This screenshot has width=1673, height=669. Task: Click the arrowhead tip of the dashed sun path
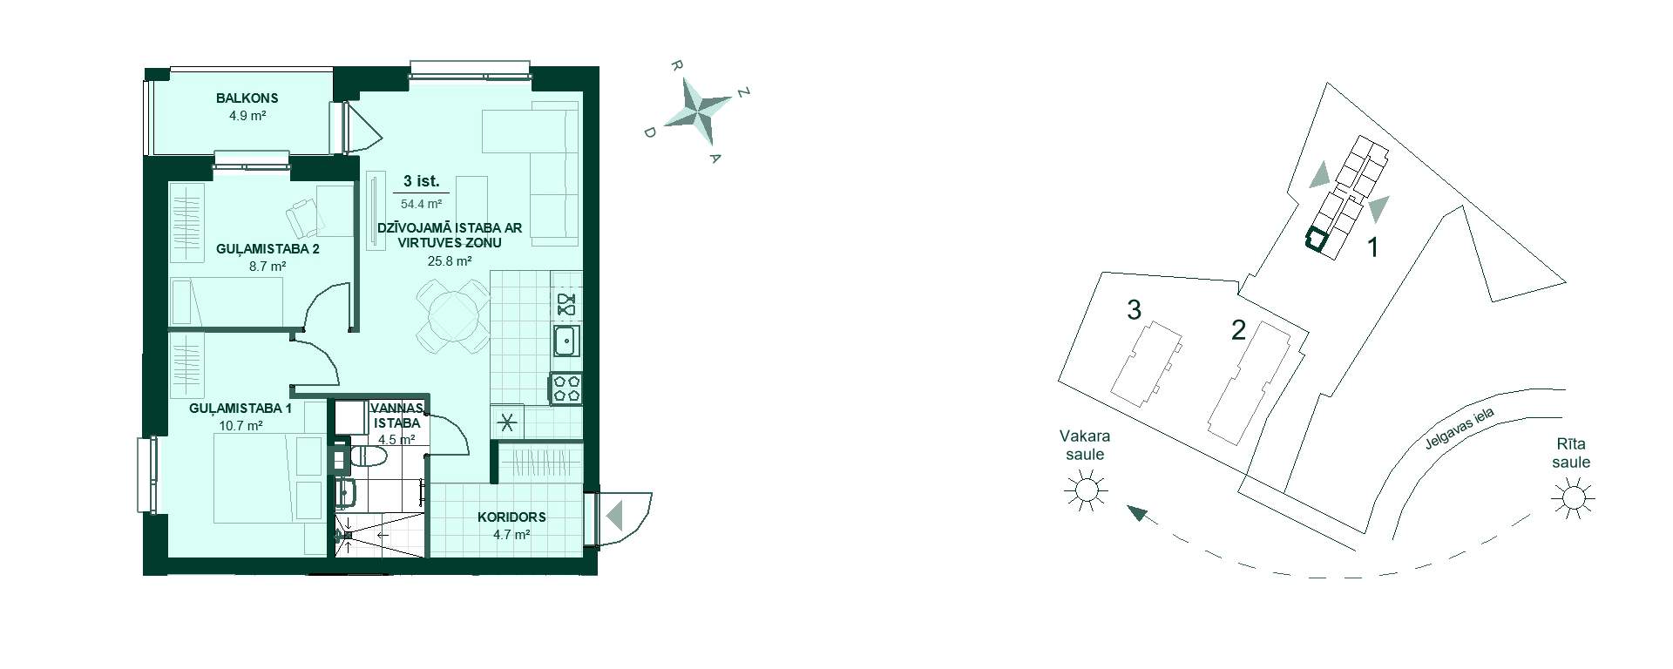(1127, 506)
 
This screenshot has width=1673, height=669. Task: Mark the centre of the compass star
(704, 110)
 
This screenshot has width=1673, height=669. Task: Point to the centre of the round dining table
(452, 315)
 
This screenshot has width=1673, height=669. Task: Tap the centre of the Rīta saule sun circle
(1573, 497)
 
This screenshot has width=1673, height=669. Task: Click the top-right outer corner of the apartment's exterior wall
(599, 66)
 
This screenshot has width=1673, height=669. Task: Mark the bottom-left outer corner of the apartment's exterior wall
(143, 575)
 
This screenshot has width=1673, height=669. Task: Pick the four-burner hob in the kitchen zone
(566, 389)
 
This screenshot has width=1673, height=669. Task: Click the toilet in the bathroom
(370, 456)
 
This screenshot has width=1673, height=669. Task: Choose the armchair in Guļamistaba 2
(303, 217)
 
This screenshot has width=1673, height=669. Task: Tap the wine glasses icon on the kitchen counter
(566, 304)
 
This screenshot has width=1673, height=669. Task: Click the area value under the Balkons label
(247, 115)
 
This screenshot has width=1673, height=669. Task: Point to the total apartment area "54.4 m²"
(420, 205)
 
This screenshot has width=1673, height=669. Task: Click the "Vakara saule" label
(1084, 445)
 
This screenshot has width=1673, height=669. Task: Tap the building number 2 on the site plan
(1238, 331)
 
